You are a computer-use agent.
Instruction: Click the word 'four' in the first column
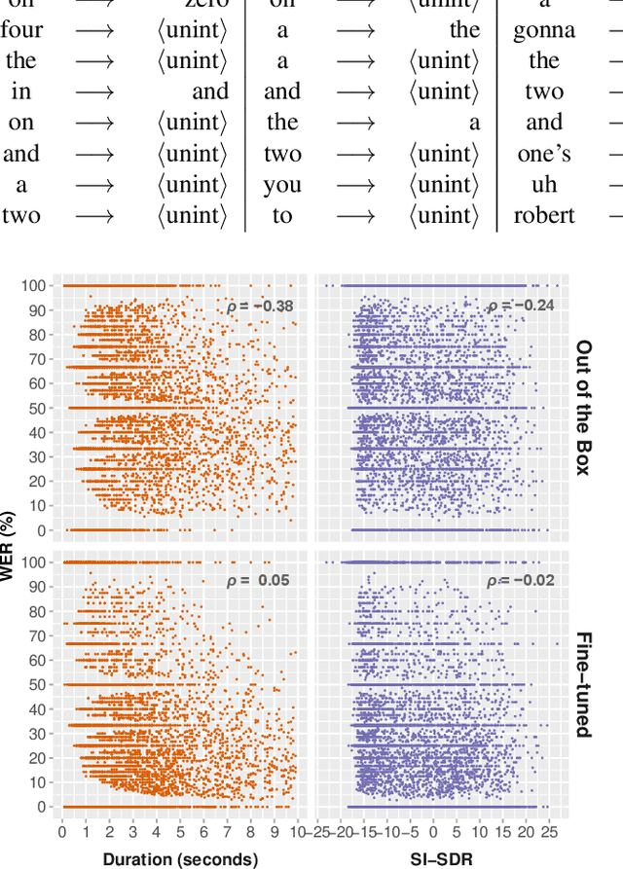click(21, 29)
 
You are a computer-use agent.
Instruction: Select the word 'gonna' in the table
click(544, 29)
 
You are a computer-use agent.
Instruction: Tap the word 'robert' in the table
click(544, 216)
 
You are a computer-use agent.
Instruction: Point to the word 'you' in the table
click(282, 185)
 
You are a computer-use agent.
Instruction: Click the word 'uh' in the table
click(544, 185)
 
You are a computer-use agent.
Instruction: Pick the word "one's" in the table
click(544, 154)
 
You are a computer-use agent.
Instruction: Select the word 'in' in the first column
click(21, 91)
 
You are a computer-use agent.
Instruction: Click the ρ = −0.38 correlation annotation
click(260, 307)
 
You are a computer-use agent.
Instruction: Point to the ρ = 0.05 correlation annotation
click(260, 581)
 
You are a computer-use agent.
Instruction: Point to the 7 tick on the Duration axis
click(229, 832)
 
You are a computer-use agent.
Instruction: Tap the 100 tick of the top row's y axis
click(36, 286)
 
